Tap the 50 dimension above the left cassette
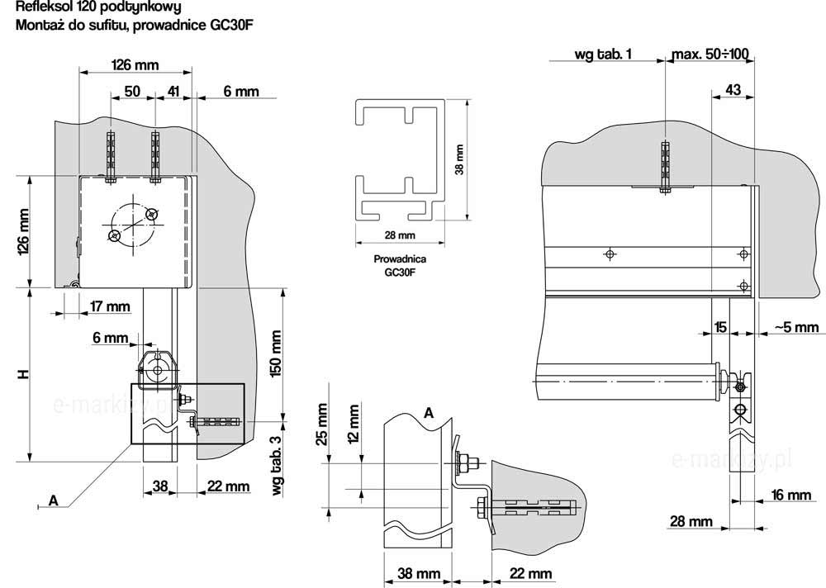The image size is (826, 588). (132, 91)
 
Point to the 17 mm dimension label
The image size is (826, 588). (110, 307)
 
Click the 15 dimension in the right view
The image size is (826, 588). (721, 328)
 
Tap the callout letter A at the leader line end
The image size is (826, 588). (54, 500)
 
